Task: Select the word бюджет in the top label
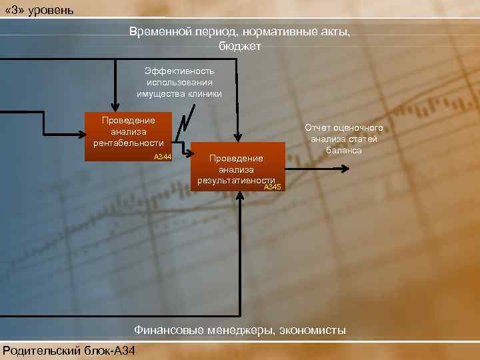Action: [240, 46]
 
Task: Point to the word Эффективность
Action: [179, 70]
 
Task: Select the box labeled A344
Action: [129, 137]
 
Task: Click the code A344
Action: [162, 157]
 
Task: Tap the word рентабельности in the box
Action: [129, 143]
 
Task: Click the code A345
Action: [273, 187]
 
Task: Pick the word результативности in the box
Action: [236, 181]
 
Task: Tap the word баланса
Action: [344, 150]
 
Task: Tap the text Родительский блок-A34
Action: [67, 350]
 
